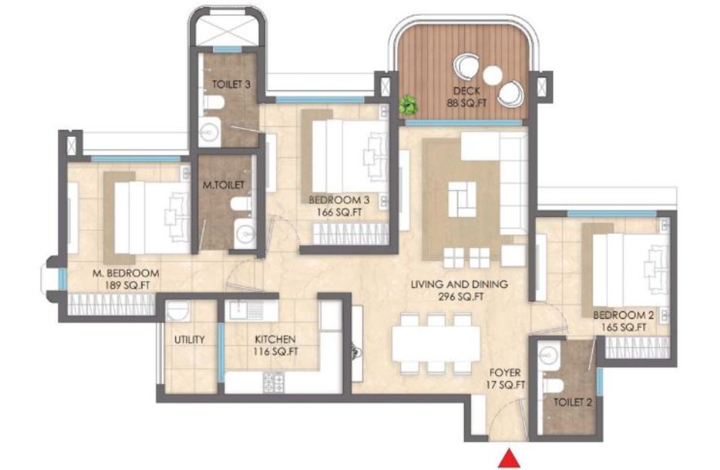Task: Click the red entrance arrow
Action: click(x=509, y=459)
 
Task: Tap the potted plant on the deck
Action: click(x=409, y=105)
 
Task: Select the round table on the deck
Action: click(x=492, y=75)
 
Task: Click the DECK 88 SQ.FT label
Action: click(x=466, y=97)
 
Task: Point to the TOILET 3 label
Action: click(x=231, y=84)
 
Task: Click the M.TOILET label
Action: click(x=223, y=185)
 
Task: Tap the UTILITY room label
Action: click(x=189, y=340)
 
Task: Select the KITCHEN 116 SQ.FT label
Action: click(x=275, y=346)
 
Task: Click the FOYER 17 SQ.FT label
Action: click(x=505, y=379)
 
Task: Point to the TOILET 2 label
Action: click(x=573, y=402)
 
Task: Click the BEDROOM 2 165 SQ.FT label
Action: click(x=624, y=321)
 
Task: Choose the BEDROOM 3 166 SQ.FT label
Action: click(x=339, y=206)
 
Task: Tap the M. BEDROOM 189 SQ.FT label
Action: click(x=126, y=278)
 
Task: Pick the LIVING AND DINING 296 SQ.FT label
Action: click(x=459, y=290)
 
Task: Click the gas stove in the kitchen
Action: click(x=274, y=382)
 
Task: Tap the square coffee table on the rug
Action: click(x=463, y=199)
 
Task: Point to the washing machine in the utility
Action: click(x=178, y=311)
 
